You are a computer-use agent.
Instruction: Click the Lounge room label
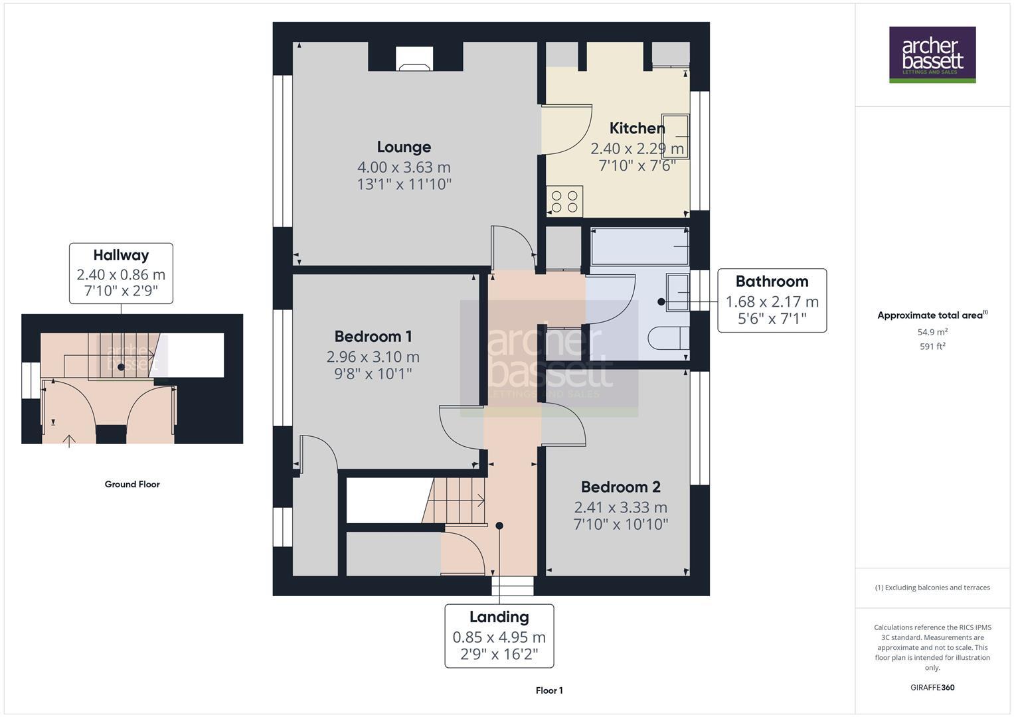404,147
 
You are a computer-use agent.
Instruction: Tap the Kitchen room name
637,128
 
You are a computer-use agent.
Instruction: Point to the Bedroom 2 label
620,487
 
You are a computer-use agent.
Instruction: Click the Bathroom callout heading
772,281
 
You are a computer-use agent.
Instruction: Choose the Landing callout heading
499,617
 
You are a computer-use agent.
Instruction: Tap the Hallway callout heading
121,256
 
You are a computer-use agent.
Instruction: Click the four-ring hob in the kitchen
564,201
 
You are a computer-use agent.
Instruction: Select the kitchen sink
675,136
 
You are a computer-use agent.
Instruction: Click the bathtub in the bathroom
639,247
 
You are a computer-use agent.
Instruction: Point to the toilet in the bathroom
667,338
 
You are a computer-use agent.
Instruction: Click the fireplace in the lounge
414,59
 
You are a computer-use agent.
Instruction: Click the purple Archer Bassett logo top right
932,54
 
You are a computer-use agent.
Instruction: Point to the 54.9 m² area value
932,332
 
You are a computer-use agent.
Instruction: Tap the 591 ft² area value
932,347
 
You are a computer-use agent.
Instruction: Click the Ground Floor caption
132,485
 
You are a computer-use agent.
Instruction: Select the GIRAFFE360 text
932,688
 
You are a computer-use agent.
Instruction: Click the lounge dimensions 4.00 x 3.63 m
404,167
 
